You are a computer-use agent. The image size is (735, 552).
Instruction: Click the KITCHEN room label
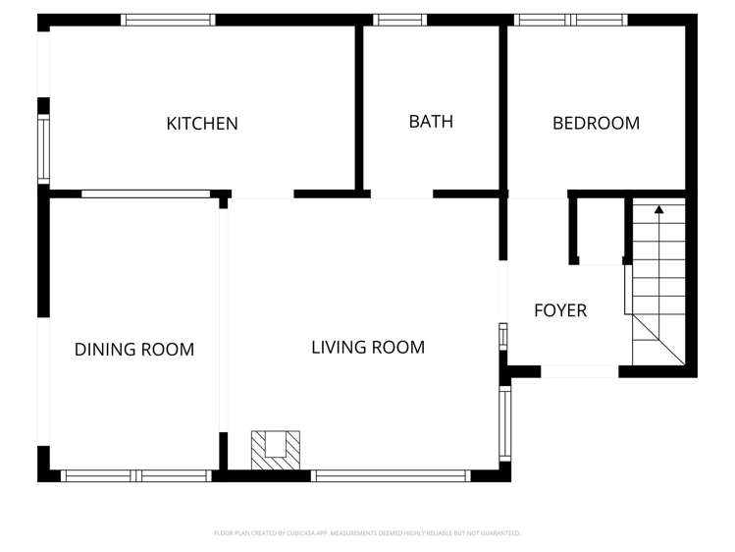(202, 124)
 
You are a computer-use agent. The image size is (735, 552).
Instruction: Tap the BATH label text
(431, 122)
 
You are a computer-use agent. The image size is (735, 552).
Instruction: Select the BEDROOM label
(596, 124)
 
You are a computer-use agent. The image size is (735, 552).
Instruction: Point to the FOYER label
(560, 311)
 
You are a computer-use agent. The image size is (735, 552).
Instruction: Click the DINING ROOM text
(134, 350)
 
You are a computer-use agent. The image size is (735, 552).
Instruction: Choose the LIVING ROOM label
(368, 348)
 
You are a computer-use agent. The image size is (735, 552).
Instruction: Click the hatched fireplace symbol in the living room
(276, 449)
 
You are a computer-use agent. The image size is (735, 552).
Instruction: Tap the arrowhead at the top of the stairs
(658, 208)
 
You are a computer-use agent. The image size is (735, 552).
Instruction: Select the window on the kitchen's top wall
(169, 20)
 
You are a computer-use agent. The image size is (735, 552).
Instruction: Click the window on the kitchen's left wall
(43, 148)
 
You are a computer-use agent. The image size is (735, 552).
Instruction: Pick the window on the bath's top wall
(400, 20)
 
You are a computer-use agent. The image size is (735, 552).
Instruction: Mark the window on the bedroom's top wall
(570, 20)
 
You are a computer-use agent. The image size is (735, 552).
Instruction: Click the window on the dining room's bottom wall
(135, 476)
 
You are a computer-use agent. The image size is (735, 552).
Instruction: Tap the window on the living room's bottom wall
(391, 476)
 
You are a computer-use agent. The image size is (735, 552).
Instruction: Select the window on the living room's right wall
(504, 422)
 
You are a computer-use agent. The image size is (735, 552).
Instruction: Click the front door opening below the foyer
(579, 372)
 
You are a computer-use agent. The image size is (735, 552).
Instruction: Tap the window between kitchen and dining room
(145, 194)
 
